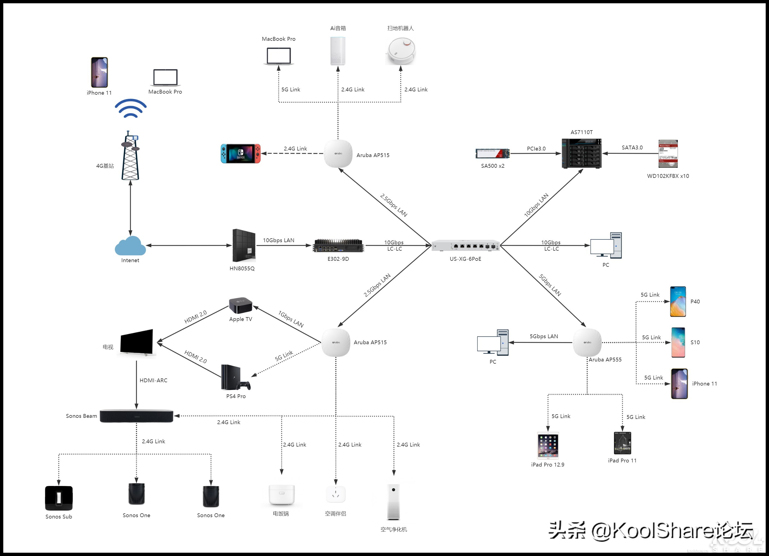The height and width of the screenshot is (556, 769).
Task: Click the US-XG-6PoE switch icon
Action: [x=465, y=246]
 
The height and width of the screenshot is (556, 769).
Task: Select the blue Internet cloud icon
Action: [x=130, y=246]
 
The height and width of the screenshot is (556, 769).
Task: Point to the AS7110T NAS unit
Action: [x=581, y=153]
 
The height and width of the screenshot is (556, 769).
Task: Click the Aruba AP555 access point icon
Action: [x=587, y=342]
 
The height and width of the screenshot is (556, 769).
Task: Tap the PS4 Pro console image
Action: [x=235, y=378]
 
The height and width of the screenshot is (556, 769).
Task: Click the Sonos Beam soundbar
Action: [x=136, y=416]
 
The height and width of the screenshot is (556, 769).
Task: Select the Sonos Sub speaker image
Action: [x=59, y=498]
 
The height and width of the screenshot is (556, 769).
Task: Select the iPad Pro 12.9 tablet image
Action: [x=547, y=445]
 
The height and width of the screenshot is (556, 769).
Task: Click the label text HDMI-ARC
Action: [x=153, y=380]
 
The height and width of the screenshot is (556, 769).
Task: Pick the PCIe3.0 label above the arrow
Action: [x=536, y=149]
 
